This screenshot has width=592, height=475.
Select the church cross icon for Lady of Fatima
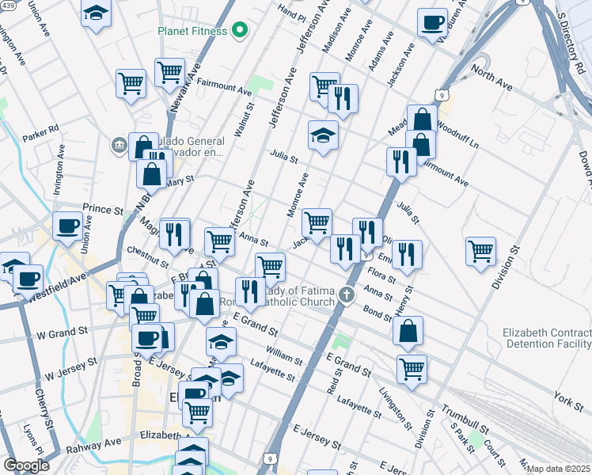coord(346,296)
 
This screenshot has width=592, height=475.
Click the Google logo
coord(26,465)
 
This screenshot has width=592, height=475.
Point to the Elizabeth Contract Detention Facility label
coord(547,338)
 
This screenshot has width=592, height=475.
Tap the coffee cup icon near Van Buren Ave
coord(432,23)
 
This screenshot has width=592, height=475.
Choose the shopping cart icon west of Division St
coord(480,251)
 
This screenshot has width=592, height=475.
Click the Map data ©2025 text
coord(558,469)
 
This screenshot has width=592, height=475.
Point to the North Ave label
coord(491,76)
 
